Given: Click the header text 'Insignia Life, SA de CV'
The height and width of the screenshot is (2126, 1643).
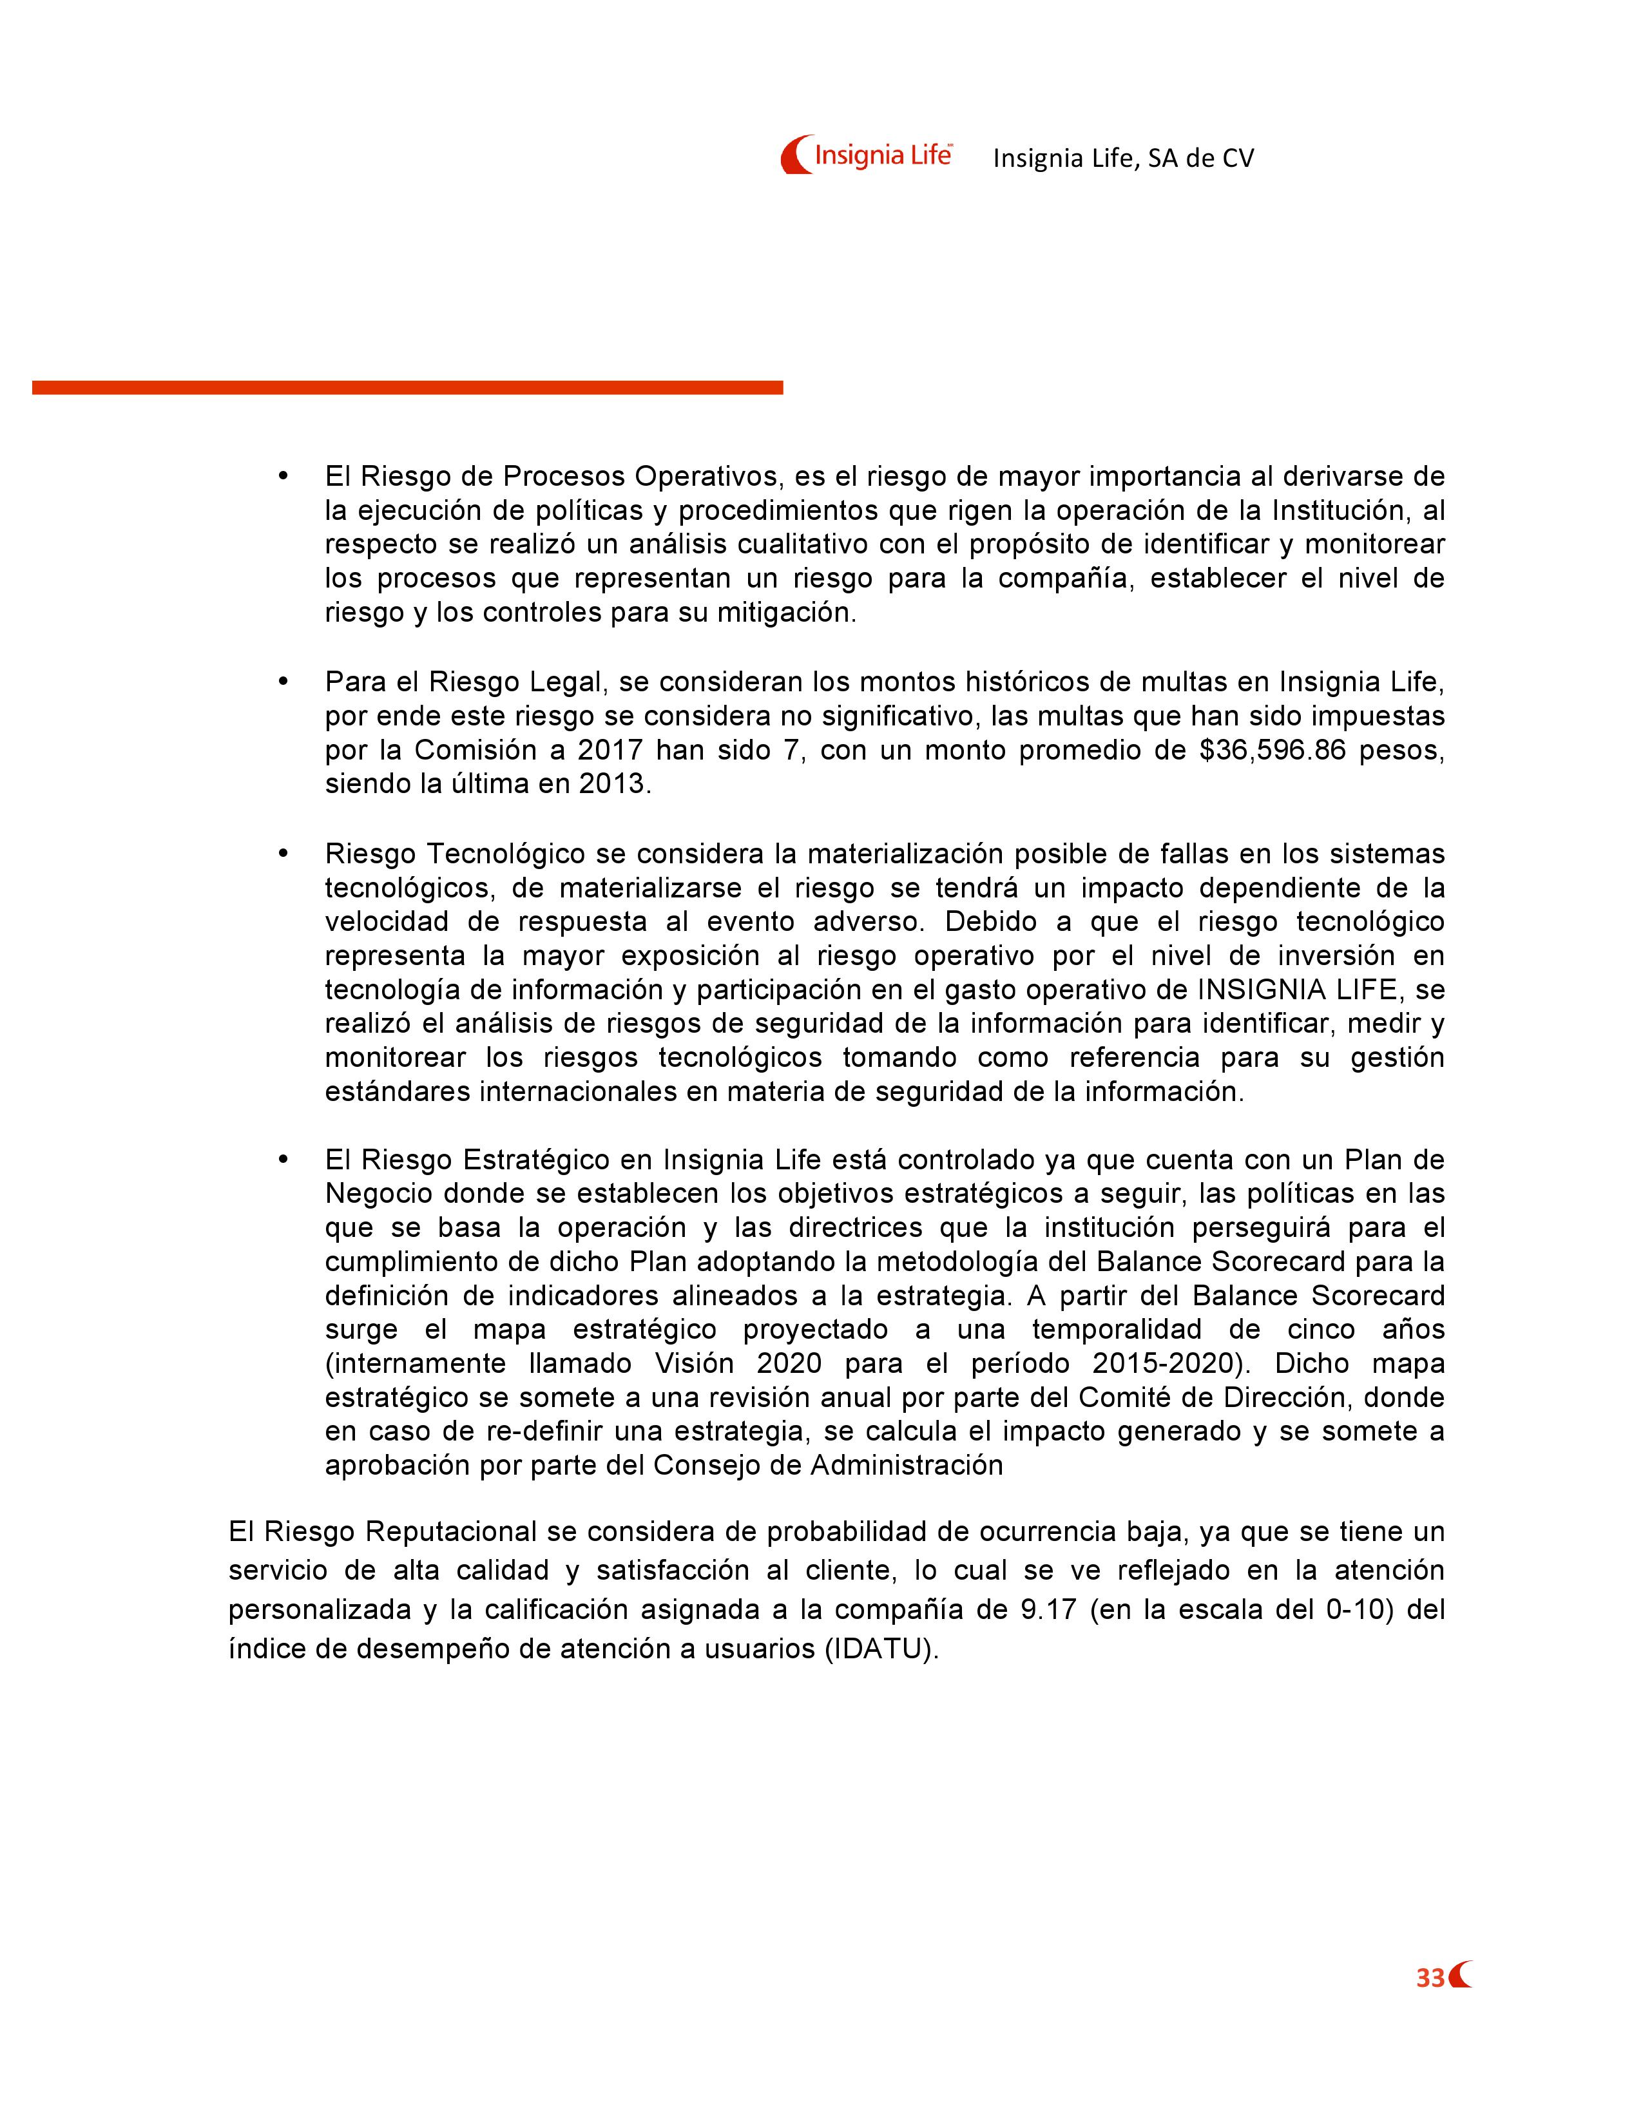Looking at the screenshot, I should click(1123, 158).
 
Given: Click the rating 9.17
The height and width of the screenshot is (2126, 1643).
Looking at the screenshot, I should click(1048, 1609).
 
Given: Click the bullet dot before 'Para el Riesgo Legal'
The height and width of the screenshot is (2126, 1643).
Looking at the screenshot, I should click(283, 682).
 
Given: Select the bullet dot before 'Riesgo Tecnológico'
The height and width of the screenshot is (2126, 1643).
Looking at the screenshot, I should click(283, 853).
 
